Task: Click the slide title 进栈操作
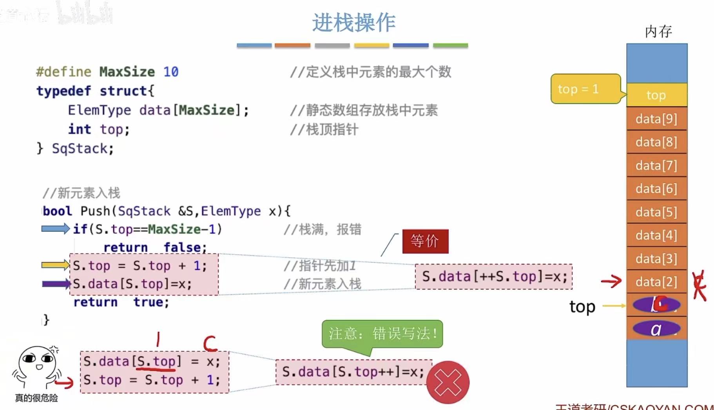353,23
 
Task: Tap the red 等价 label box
425,241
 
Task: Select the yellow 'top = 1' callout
585,89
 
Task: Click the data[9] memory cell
656,119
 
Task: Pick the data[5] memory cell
656,212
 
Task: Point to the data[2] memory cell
656,282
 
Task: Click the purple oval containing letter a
656,329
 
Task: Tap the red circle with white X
448,383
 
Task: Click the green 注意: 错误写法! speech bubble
382,334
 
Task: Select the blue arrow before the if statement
55,229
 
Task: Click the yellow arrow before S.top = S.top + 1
55,265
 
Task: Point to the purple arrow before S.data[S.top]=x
56,284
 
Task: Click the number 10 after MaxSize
171,72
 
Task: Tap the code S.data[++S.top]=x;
494,277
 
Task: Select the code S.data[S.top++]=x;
353,372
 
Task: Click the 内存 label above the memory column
658,31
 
